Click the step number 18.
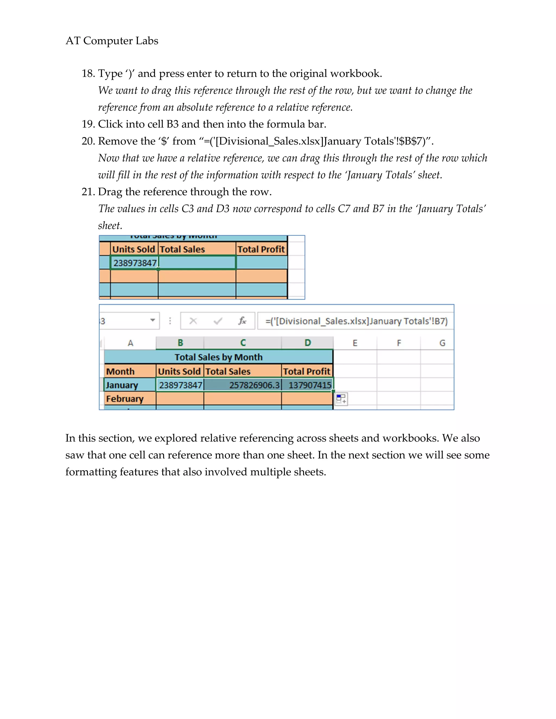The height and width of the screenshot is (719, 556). pyautogui.click(x=88, y=74)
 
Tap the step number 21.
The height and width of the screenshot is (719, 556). pyautogui.click(x=88, y=192)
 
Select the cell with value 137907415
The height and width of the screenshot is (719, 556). pyautogui.click(x=309, y=385)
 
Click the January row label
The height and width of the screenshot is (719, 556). pyautogui.click(x=122, y=385)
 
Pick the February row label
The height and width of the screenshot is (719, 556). pyautogui.click(x=125, y=399)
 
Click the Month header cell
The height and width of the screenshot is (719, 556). pyautogui.click(x=120, y=371)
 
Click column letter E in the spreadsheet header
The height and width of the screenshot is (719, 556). pyautogui.click(x=355, y=343)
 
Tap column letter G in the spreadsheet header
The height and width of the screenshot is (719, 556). pyautogui.click(x=442, y=343)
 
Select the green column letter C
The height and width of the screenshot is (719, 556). pyautogui.click(x=243, y=343)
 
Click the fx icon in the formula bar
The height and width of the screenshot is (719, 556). pyautogui.click(x=242, y=321)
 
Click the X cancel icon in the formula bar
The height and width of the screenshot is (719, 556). pyautogui.click(x=193, y=321)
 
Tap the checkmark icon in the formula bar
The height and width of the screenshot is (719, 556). pyautogui.click(x=218, y=321)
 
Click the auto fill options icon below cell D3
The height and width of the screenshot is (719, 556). pyautogui.click(x=341, y=399)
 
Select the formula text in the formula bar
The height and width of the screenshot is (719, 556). pyautogui.click(x=356, y=321)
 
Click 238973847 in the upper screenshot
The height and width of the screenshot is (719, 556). pyautogui.click(x=135, y=263)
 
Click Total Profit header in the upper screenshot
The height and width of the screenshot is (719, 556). pyautogui.click(x=261, y=249)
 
